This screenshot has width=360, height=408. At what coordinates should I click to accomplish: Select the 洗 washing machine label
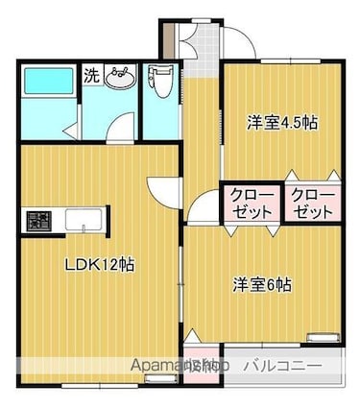[x=90, y=73]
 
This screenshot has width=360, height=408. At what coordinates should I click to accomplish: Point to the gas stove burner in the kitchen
[x=39, y=221]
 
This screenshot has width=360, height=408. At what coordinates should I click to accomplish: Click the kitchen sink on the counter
[x=86, y=221]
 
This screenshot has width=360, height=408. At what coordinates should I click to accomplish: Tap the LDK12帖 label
[x=99, y=265]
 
